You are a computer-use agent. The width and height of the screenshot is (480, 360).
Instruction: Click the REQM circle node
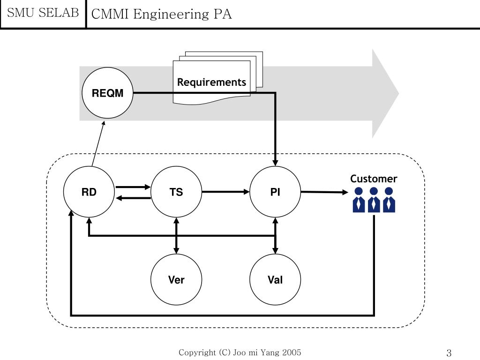(x=107, y=93)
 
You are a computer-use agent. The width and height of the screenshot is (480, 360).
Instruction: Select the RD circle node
(x=89, y=192)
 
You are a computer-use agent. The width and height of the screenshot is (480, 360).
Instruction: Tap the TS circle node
(x=176, y=192)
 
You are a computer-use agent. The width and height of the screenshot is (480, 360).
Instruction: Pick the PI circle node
(x=275, y=192)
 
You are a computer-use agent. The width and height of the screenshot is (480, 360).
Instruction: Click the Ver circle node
(x=176, y=280)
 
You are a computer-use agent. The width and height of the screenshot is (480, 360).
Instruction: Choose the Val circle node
(x=275, y=280)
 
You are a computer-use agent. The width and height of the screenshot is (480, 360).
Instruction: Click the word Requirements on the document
(x=211, y=82)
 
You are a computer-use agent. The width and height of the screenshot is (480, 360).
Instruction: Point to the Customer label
(x=374, y=179)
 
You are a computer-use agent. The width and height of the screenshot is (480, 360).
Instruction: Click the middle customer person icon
(x=374, y=200)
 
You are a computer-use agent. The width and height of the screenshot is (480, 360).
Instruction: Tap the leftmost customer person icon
(x=359, y=200)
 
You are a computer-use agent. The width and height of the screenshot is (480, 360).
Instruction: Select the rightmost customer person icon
(x=389, y=200)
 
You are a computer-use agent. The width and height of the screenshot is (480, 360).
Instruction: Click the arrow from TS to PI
(x=225, y=191)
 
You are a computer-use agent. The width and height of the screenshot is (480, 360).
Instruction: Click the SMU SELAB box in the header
(x=43, y=14)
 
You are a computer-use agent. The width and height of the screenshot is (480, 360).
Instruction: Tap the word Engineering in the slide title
(x=171, y=14)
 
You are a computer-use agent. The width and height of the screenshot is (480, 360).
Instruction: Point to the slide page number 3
(x=449, y=353)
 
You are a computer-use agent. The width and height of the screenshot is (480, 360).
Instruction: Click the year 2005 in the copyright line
(x=291, y=352)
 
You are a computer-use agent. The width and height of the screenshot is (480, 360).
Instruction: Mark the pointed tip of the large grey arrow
(x=398, y=93)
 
